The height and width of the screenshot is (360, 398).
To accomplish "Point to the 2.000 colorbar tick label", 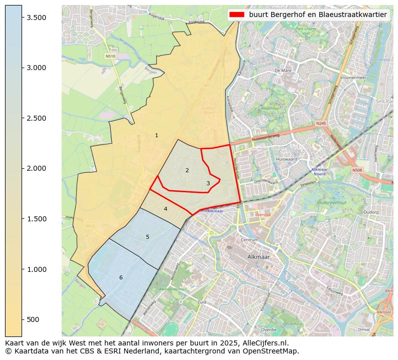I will [x=36, y=168].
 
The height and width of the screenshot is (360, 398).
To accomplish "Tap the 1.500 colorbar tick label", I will [x=36, y=219].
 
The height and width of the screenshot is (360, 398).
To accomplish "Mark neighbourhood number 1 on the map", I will [x=156, y=135].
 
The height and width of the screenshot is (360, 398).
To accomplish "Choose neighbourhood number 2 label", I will [x=187, y=170].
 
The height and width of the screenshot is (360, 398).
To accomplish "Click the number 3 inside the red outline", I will [x=208, y=183].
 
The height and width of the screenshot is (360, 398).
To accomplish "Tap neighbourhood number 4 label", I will [x=165, y=209].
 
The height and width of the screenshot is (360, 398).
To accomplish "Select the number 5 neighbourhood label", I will [x=147, y=237].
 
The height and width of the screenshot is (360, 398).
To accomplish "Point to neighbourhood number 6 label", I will [x=121, y=277].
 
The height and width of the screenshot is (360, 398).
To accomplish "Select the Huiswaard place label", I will [x=286, y=159].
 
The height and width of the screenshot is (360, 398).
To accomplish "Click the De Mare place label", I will [x=283, y=71].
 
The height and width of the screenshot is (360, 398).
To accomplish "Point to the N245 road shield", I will [x=321, y=123].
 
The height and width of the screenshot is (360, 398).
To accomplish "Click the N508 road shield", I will [x=357, y=170].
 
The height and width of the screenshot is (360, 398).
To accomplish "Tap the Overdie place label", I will [x=269, y=330].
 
